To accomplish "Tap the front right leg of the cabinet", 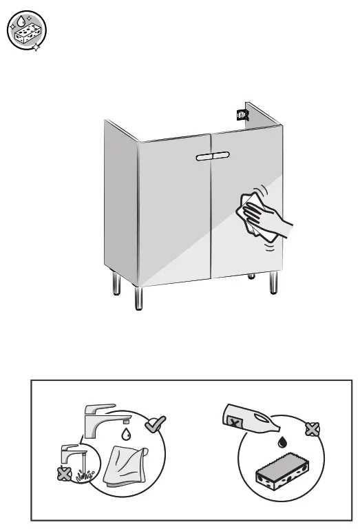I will (274, 284).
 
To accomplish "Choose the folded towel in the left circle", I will (125, 464).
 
